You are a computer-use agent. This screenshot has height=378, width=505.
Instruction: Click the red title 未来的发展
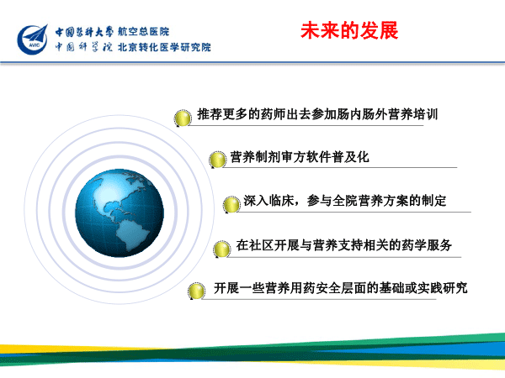point(349,31)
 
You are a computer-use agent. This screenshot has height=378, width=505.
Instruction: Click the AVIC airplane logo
point(33,39)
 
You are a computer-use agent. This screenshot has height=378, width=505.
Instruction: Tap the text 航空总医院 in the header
point(143,32)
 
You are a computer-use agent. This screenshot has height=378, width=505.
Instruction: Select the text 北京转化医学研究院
point(164,47)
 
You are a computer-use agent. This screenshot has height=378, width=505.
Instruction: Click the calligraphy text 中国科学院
point(83,47)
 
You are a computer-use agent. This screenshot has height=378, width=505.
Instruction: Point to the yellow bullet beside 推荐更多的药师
point(183,118)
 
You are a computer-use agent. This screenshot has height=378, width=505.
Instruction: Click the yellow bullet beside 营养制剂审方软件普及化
point(217,160)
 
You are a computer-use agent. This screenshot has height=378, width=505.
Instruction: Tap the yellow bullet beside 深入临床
point(231,204)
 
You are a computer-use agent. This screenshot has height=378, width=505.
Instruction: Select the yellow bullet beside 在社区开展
point(222,249)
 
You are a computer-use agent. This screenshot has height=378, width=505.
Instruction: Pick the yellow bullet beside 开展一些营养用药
point(196,291)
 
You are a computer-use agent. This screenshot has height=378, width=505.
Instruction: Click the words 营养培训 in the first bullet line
point(413,114)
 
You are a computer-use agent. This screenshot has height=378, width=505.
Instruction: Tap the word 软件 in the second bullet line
point(319,157)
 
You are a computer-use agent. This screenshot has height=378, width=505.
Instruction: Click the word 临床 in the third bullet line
point(281,201)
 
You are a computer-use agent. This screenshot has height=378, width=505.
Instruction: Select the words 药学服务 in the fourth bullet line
point(427,245)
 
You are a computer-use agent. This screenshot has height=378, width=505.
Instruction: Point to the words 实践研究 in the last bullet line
point(443,287)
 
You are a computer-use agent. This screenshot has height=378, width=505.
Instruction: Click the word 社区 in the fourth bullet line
point(261,245)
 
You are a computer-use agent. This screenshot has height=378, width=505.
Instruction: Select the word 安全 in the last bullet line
point(328,287)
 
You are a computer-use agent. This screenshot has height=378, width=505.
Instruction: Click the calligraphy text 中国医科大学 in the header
point(84,32)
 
